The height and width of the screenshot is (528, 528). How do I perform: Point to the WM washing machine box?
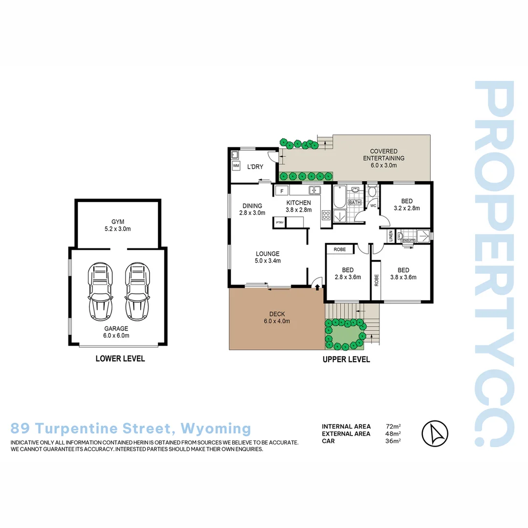tap(236, 166)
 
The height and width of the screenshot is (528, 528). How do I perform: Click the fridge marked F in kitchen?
tap(282, 190)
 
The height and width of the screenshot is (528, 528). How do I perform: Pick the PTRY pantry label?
tap(279, 223)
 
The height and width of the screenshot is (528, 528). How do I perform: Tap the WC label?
tap(372, 206)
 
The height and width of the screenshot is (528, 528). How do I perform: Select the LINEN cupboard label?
tap(391, 236)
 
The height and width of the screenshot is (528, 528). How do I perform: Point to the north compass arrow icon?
tap(435, 433)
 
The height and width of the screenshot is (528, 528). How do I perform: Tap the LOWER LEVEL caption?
tap(120, 358)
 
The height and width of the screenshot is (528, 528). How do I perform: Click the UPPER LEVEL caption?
tap(346, 359)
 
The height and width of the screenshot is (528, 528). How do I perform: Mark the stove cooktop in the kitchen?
tap(326, 215)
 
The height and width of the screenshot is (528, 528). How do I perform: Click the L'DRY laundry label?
tap(255, 167)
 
